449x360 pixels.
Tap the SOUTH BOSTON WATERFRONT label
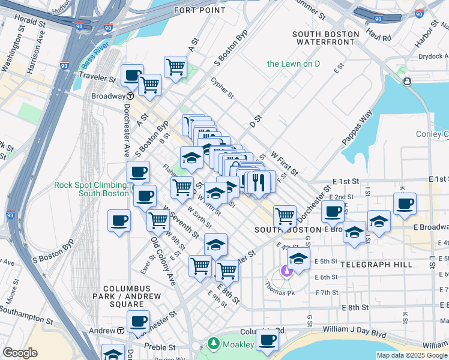click(326, 38)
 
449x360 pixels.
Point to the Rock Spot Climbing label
click(91, 188)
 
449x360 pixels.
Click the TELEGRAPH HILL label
click(376, 264)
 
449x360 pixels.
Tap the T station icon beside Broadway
click(130, 96)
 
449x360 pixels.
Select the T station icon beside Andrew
click(120, 331)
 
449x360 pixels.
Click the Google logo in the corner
click(20, 353)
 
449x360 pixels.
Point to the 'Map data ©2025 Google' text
click(412, 355)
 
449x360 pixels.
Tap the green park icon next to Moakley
click(212, 343)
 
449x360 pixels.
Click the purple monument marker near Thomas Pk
click(287, 271)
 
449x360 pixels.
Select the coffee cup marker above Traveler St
click(132, 76)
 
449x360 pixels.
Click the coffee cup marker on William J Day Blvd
click(267, 340)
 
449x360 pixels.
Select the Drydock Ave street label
click(432, 57)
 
